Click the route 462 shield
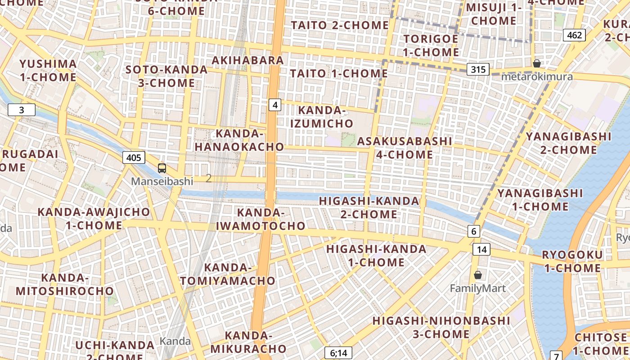574,35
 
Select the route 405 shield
134,157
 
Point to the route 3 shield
21,110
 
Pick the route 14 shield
481,249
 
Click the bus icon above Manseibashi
162,168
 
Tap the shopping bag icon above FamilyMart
478,274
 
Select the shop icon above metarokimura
536,63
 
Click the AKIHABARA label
248,60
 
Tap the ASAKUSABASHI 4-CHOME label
405,148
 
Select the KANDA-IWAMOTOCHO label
261,219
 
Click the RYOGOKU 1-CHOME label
572,261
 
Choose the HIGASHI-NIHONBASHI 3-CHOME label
441,327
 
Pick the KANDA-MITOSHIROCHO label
65,284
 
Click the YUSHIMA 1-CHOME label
48,70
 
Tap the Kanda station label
175,341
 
